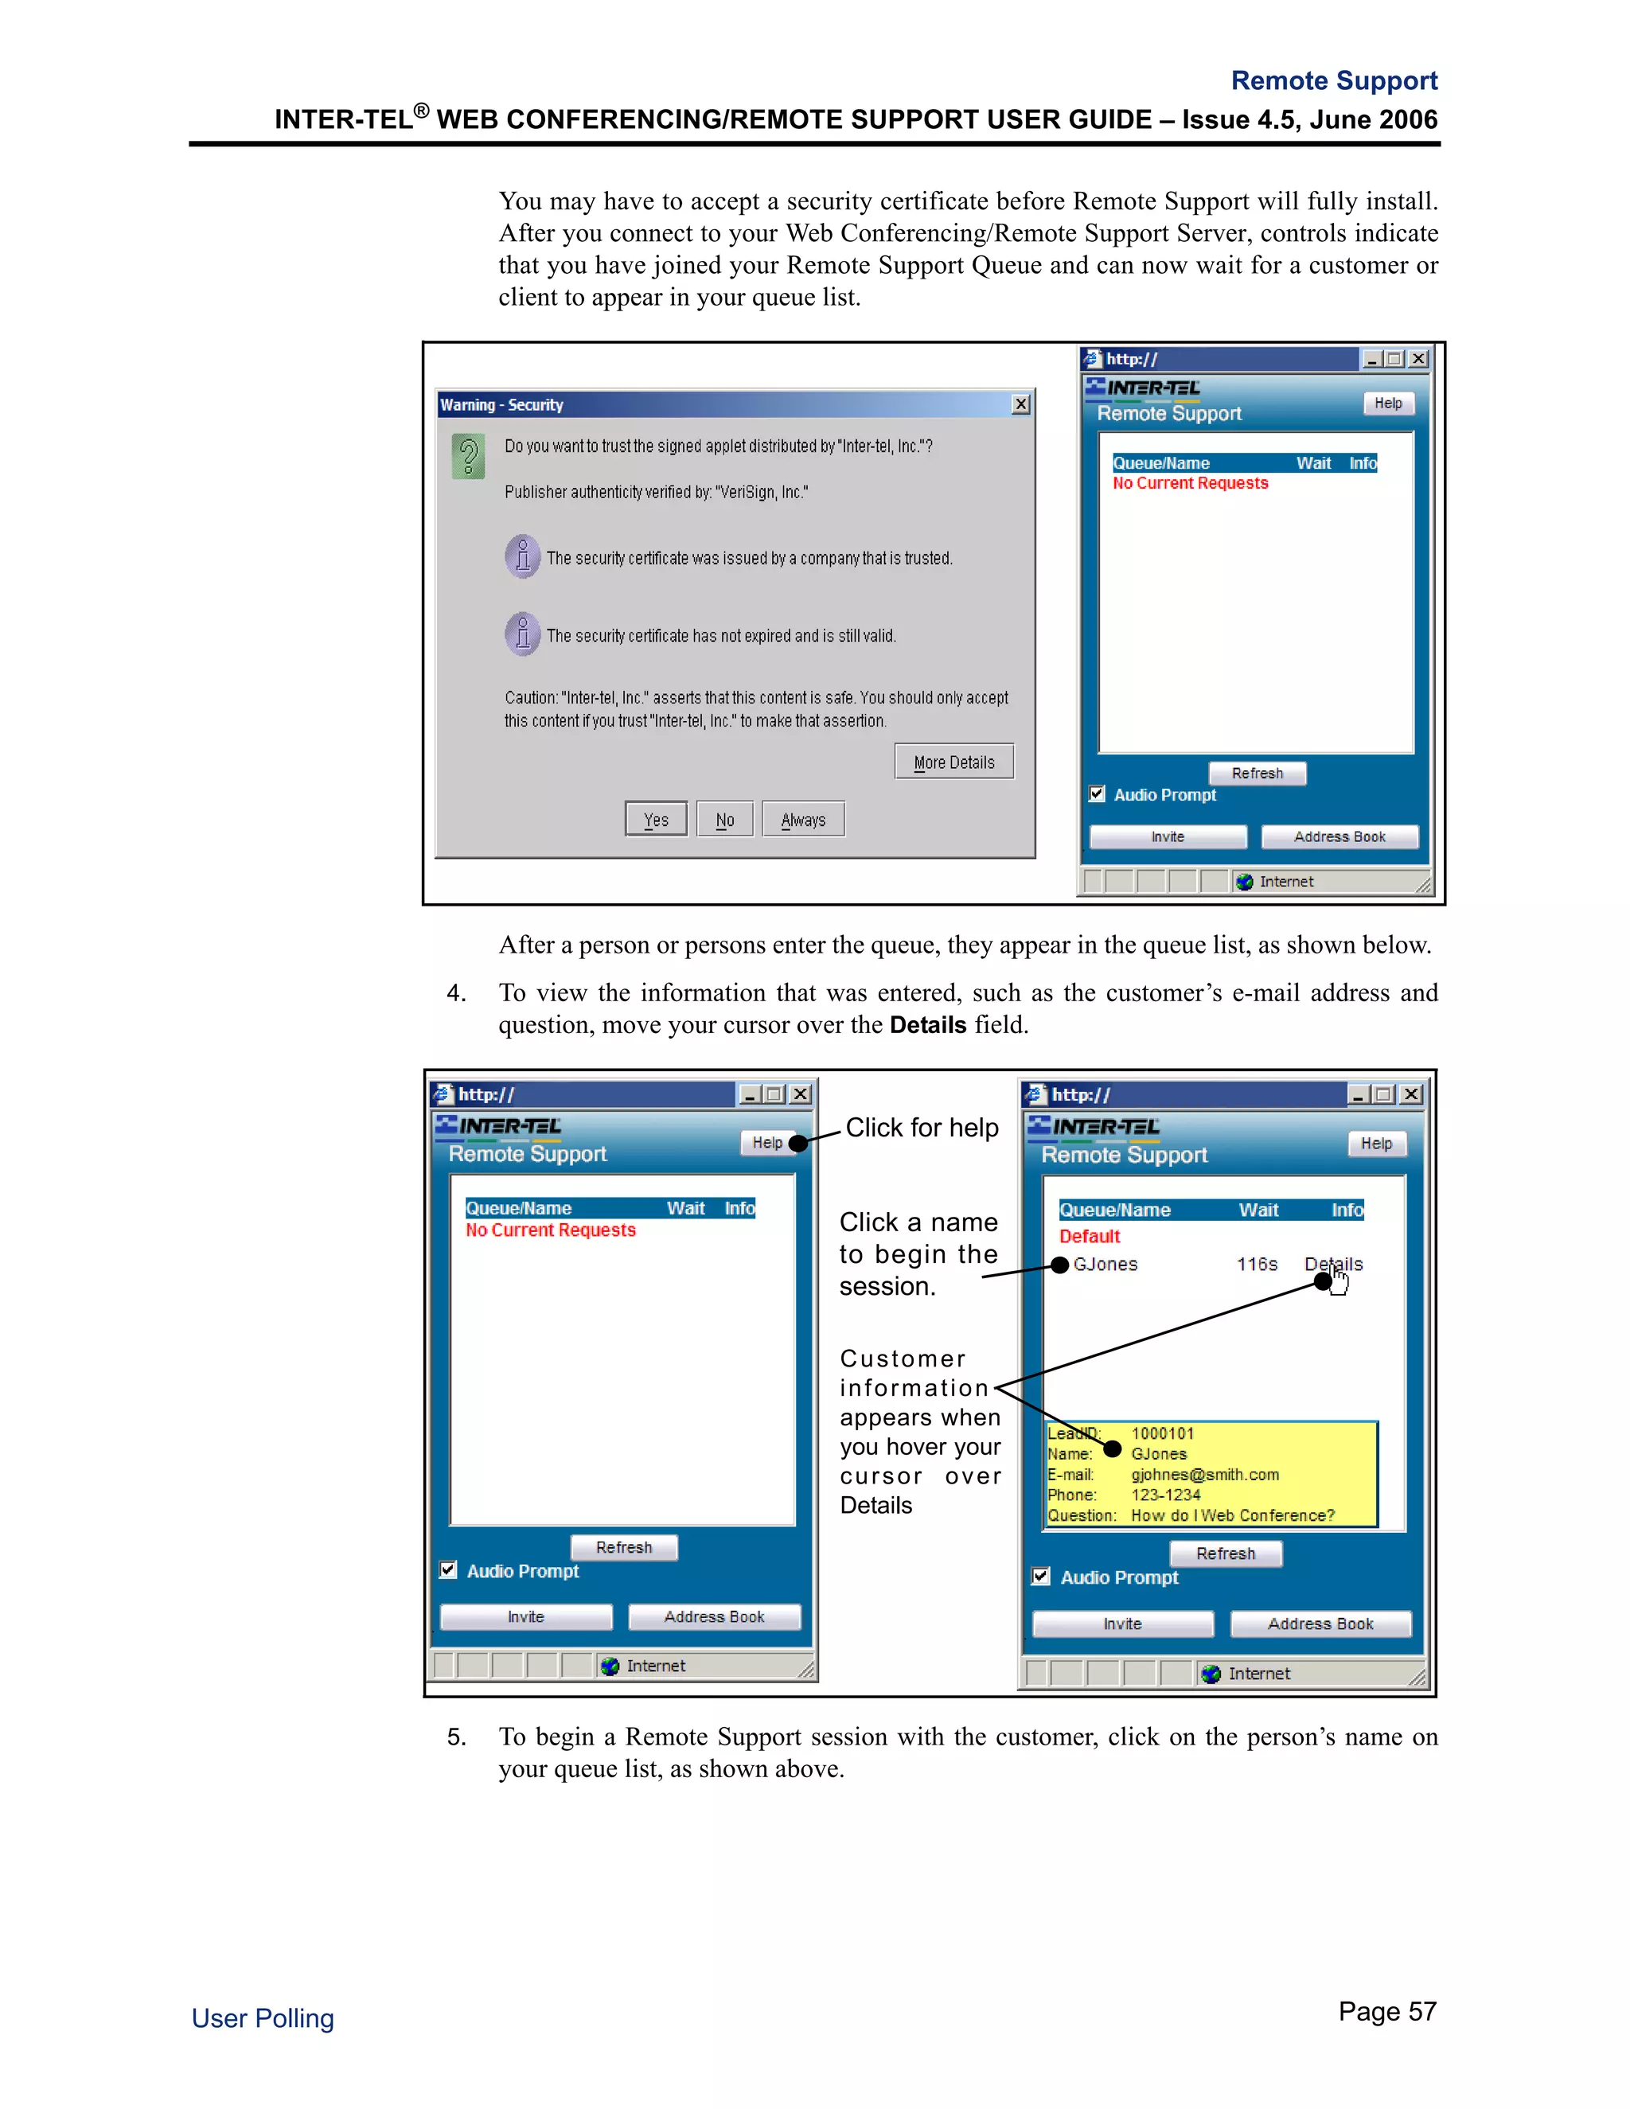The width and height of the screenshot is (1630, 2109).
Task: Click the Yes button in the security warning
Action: (x=656, y=819)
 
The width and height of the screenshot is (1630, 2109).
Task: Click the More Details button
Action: (x=953, y=762)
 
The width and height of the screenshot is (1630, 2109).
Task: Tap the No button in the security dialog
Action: (x=724, y=819)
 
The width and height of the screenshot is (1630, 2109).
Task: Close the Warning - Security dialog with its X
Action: (x=1020, y=404)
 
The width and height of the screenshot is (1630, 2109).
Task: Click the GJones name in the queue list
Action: (x=1106, y=1264)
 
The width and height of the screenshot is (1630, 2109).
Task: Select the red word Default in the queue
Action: (x=1090, y=1236)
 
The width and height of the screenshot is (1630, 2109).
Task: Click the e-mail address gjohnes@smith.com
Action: (x=1204, y=1475)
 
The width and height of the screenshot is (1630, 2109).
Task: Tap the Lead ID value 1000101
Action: (x=1163, y=1434)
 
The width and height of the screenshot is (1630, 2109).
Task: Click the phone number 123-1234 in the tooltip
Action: (x=1165, y=1495)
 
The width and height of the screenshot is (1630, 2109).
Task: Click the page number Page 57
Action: (x=1386, y=2011)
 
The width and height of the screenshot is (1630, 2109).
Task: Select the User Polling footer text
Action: (x=263, y=2018)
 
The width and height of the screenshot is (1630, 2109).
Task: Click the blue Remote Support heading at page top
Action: (x=1334, y=80)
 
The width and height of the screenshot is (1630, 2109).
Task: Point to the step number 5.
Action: (x=456, y=1737)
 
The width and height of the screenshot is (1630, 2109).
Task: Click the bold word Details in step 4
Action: (x=927, y=1024)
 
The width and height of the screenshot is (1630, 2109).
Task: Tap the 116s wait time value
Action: (x=1256, y=1264)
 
